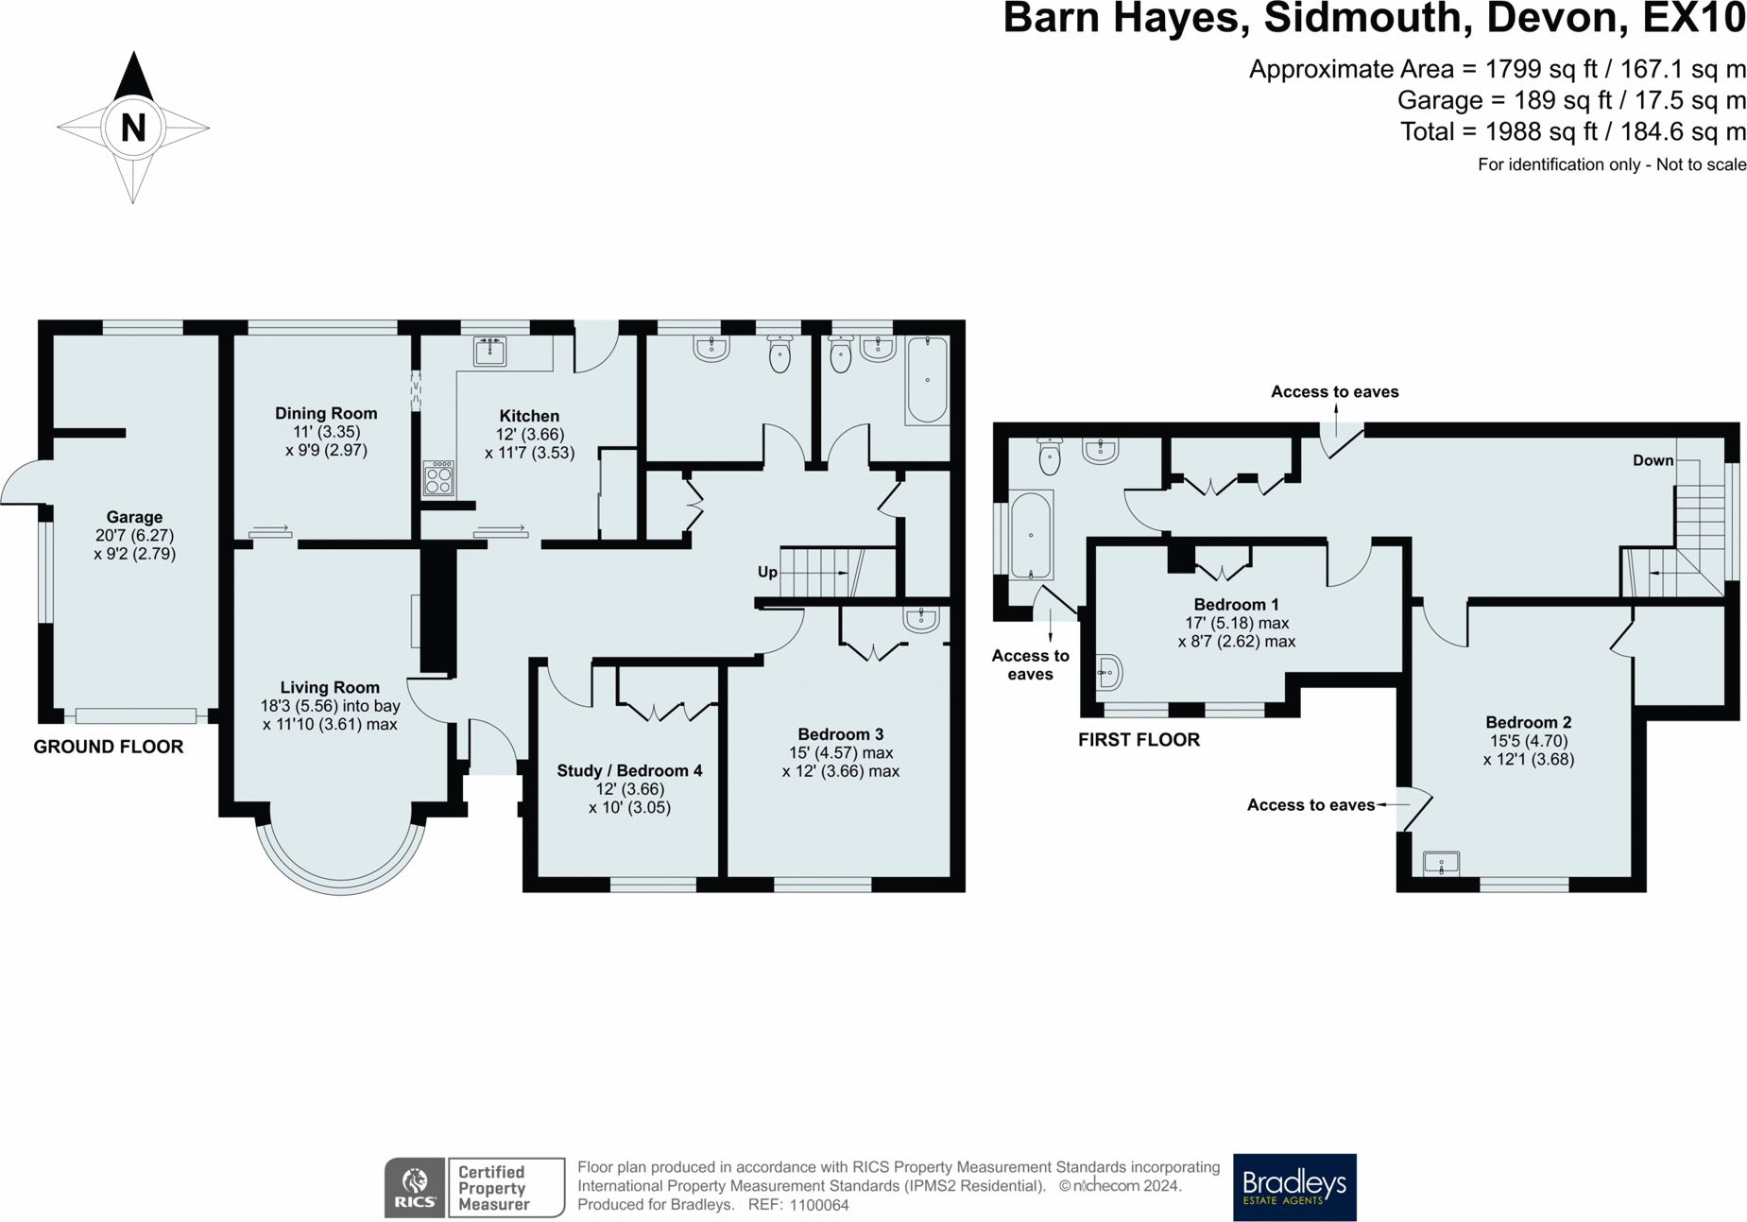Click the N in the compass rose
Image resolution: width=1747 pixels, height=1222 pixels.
point(133,128)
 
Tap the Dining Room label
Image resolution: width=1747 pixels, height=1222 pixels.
point(326,413)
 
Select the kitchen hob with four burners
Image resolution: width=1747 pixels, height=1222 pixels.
point(438,478)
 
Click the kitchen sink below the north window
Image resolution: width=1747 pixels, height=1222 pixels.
point(489,351)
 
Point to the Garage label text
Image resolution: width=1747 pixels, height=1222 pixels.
point(134,517)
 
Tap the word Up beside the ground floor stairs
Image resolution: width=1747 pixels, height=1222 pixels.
point(767,572)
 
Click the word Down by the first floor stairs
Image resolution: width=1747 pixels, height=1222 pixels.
point(1653,460)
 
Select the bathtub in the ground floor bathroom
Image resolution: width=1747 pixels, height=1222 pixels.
point(927,380)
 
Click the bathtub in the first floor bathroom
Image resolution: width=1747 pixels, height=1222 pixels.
point(1031,535)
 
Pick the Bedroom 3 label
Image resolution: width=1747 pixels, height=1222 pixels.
point(840,734)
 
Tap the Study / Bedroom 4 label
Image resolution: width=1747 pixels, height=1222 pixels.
point(629,770)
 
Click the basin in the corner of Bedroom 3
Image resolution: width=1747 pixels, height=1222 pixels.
point(920,619)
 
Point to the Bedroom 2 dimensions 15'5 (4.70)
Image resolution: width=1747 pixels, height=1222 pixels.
point(1528,741)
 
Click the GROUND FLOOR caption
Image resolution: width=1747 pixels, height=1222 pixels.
point(109,747)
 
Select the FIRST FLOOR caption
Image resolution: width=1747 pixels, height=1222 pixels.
point(1139,740)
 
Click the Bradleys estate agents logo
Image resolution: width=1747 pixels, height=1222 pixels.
point(1293,1186)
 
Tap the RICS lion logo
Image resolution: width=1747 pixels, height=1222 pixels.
point(415,1187)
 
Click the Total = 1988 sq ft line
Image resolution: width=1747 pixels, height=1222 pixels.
point(1572,131)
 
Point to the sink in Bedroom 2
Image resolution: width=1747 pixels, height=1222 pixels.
point(1441,863)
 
